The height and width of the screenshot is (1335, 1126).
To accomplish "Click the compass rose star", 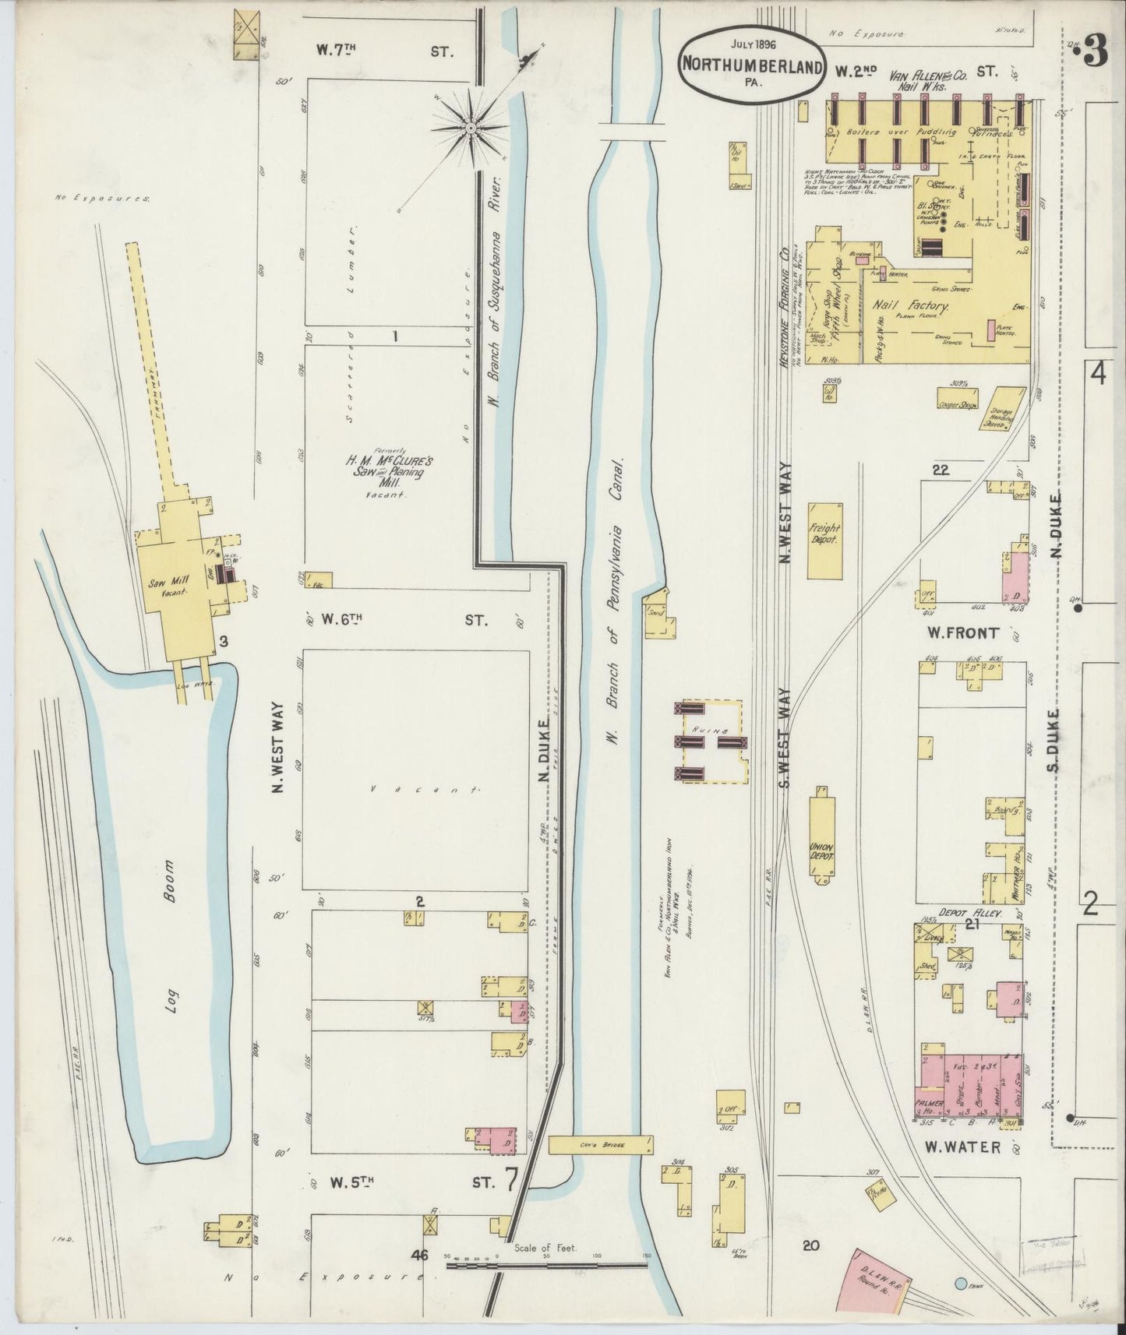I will point(471,127).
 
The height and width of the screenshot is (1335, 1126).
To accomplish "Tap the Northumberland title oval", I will point(752,65).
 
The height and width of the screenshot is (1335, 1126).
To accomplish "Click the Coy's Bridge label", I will point(600,1144).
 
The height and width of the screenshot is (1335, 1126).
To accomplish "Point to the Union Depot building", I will point(821,835).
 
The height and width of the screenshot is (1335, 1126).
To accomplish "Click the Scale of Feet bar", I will point(545,1265).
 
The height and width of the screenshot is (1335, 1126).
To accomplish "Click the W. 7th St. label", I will point(385,51).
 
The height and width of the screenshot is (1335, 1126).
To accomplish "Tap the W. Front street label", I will point(964,633).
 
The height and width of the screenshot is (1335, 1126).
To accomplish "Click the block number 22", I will point(941,470).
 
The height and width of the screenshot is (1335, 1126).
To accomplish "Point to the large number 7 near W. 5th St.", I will point(510,1181).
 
